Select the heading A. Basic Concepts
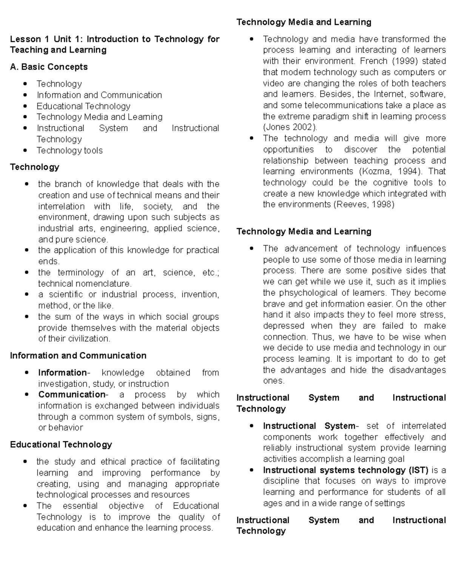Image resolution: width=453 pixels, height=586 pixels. (49, 67)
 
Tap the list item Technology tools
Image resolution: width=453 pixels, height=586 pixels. (69, 151)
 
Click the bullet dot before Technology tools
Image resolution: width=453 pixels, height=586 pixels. (25, 151)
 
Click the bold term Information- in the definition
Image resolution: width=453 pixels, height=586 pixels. (64, 373)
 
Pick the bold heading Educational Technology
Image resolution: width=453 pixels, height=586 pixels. (61, 444)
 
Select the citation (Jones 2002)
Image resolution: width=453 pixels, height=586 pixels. (290, 127)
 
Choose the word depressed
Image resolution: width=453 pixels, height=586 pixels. (284, 326)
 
